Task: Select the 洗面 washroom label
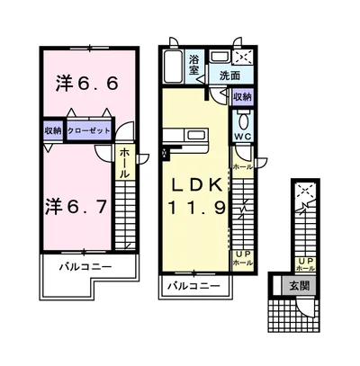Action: [x=229, y=76]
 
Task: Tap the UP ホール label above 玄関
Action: [x=305, y=264]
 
